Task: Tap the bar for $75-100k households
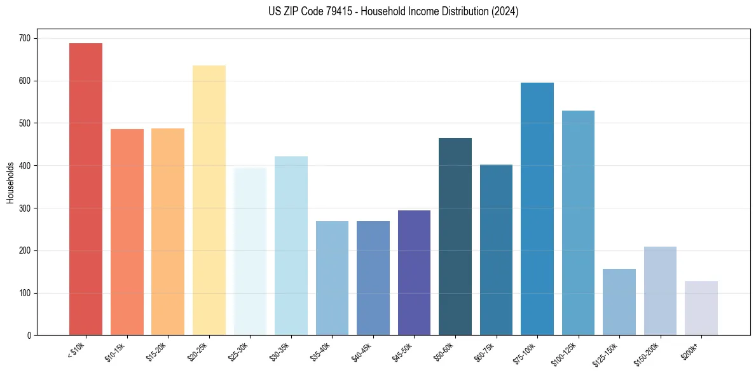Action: [537, 209]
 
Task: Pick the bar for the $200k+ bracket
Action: [701, 308]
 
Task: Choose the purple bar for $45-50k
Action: [414, 273]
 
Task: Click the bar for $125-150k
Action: [619, 302]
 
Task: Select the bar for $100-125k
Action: [578, 223]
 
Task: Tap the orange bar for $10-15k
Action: [127, 232]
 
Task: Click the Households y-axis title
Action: [10, 182]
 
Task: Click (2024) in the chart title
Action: [505, 11]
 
